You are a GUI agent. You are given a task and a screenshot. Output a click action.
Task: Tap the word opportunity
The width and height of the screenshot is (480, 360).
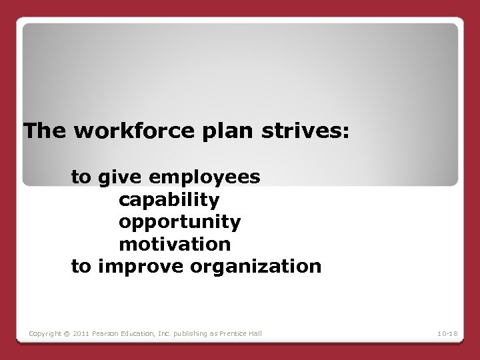(180, 221)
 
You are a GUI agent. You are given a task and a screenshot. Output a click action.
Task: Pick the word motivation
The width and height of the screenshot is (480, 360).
(175, 243)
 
